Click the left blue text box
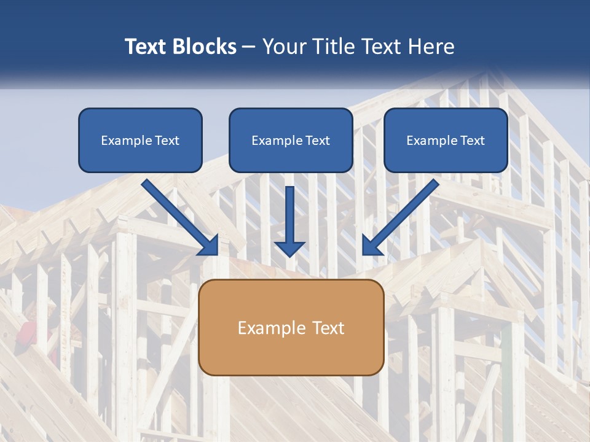coord(140,140)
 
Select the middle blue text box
coord(291,140)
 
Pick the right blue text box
coord(446,140)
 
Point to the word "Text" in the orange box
coord(328,328)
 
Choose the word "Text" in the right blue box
coord(473,141)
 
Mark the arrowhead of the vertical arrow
coord(289,248)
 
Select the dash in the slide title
coord(249,47)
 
